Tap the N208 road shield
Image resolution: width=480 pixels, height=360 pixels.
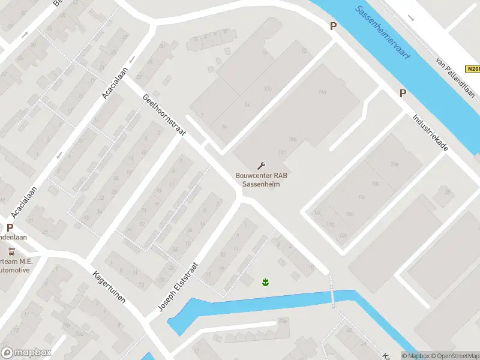click(x=473, y=70)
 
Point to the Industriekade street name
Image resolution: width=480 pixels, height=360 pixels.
click(x=430, y=137)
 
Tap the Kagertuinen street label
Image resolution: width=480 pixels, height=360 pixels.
click(x=109, y=287)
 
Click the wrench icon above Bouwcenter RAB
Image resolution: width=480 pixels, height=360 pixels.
click(x=261, y=165)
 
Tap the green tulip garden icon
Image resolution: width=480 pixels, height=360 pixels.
click(x=264, y=281)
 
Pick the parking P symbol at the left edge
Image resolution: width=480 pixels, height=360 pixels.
click(x=10, y=227)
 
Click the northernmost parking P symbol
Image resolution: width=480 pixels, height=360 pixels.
click(x=333, y=26)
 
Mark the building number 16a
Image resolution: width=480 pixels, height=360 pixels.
click(x=322, y=91)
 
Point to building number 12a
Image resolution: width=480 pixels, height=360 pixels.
click(x=268, y=88)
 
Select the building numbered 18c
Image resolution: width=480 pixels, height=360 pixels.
click(x=361, y=197)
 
